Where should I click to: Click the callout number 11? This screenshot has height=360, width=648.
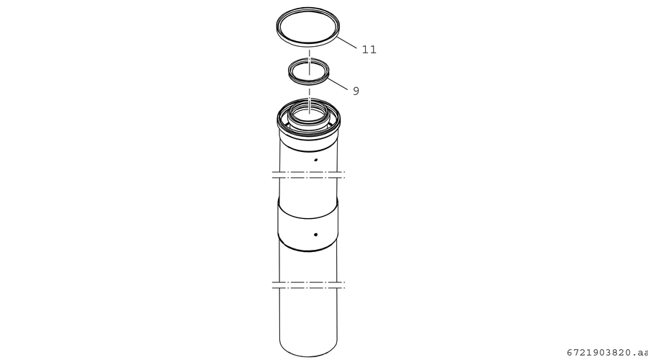click(x=369, y=50)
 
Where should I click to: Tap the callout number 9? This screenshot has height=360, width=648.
click(x=356, y=91)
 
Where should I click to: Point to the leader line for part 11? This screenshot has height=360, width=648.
click(x=346, y=43)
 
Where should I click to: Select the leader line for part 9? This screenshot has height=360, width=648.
click(x=338, y=83)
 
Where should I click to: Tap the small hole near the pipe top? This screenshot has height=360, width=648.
click(x=315, y=160)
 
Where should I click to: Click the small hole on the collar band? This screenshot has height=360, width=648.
click(x=316, y=235)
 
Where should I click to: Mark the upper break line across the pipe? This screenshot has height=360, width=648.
click(x=308, y=175)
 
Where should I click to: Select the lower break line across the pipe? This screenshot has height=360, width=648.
click(x=308, y=285)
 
